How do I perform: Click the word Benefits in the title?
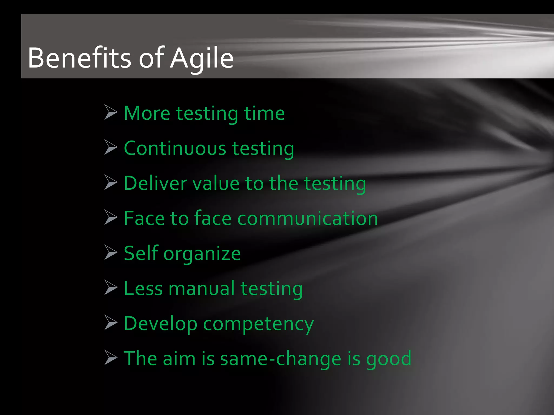coord(79,58)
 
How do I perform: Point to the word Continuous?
coord(175,148)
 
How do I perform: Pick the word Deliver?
coord(155,183)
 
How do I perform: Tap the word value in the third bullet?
coord(216,183)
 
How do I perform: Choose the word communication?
coord(307,218)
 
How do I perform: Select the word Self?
coord(140,253)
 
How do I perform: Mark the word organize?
coord(202,254)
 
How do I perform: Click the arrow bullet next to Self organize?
coord(111,252)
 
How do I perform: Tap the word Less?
coord(143,288)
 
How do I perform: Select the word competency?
coord(258,324)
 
